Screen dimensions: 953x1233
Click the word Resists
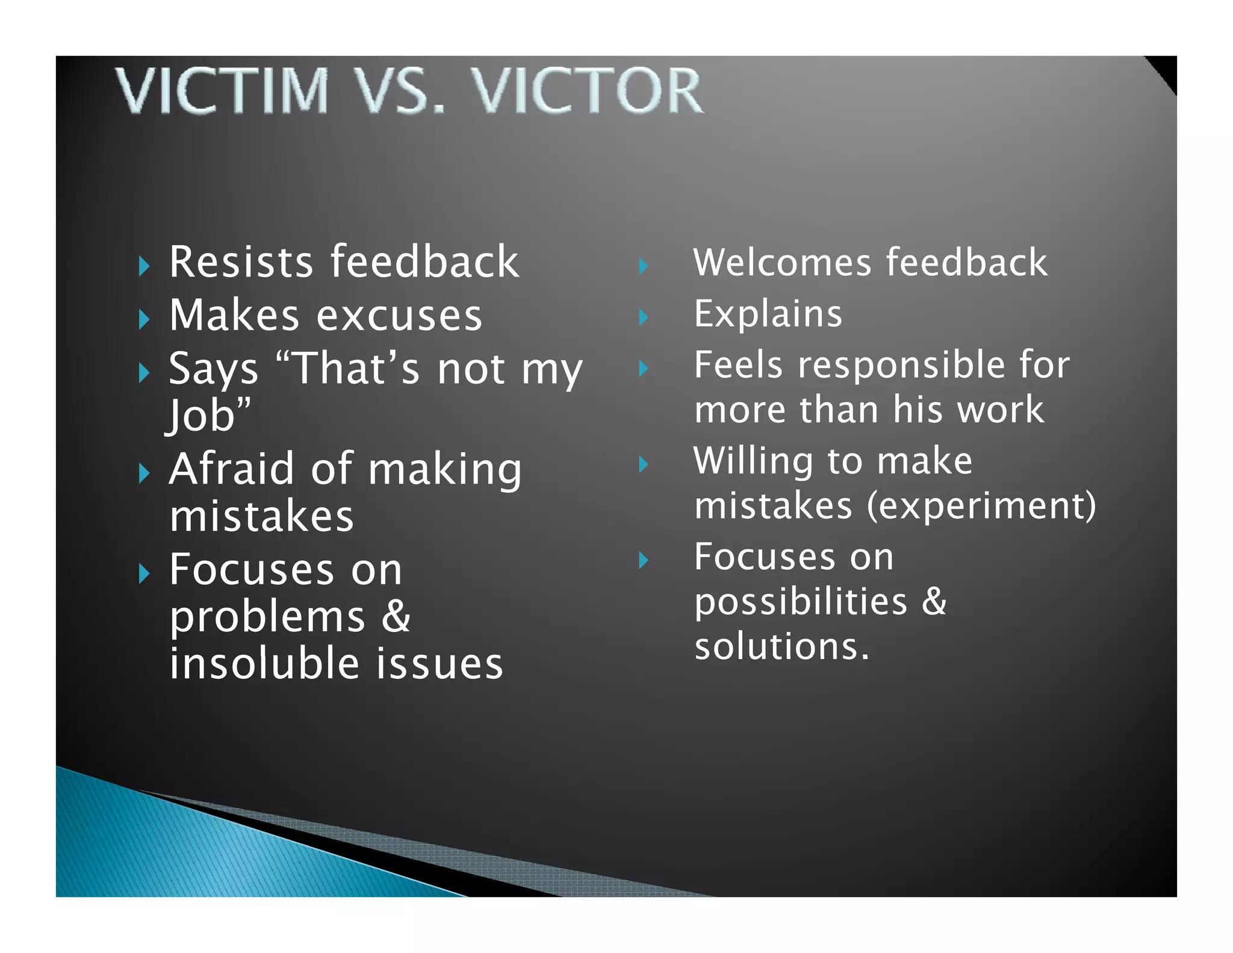[x=241, y=262]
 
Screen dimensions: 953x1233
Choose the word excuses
[x=399, y=316]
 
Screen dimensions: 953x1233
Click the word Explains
[x=768, y=314]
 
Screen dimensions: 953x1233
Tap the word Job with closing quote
[x=208, y=416]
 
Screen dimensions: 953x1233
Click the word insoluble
[x=264, y=663]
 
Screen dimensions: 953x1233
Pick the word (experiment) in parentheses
[x=981, y=505]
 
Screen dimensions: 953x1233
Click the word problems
[x=267, y=617]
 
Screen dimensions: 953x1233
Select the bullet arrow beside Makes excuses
[x=143, y=319]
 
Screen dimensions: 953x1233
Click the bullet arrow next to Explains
[x=643, y=317]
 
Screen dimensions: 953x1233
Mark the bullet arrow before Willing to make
[x=643, y=464]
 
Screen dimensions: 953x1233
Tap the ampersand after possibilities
[x=934, y=601]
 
